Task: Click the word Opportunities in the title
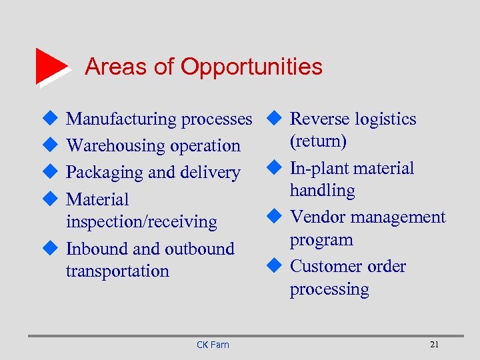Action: pos(251,67)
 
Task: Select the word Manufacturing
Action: pos(121,119)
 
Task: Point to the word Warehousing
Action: pos(113,145)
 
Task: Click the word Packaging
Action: pos(105,172)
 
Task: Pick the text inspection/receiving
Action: pos(141,222)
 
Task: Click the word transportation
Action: pos(117,271)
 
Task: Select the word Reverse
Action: pos(321,119)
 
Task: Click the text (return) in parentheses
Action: pos(318,141)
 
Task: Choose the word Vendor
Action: pos(318,217)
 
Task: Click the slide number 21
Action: pos(434,345)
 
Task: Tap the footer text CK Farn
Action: pos(213,345)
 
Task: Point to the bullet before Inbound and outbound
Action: pos(47,249)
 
